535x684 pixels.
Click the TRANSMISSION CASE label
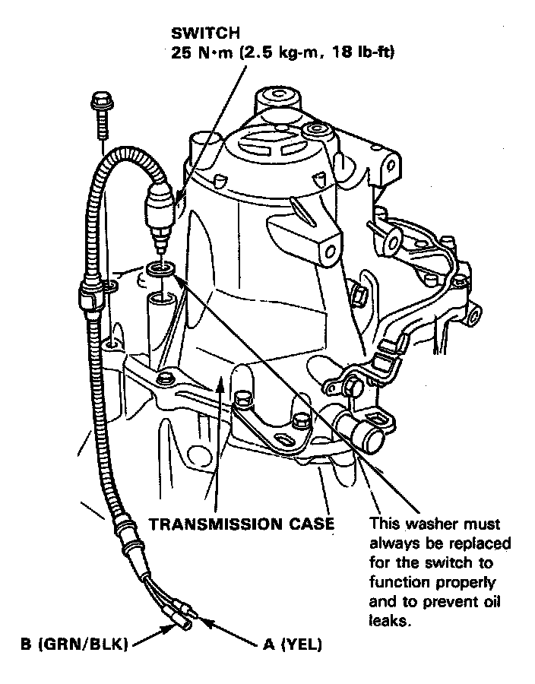(x=241, y=524)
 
